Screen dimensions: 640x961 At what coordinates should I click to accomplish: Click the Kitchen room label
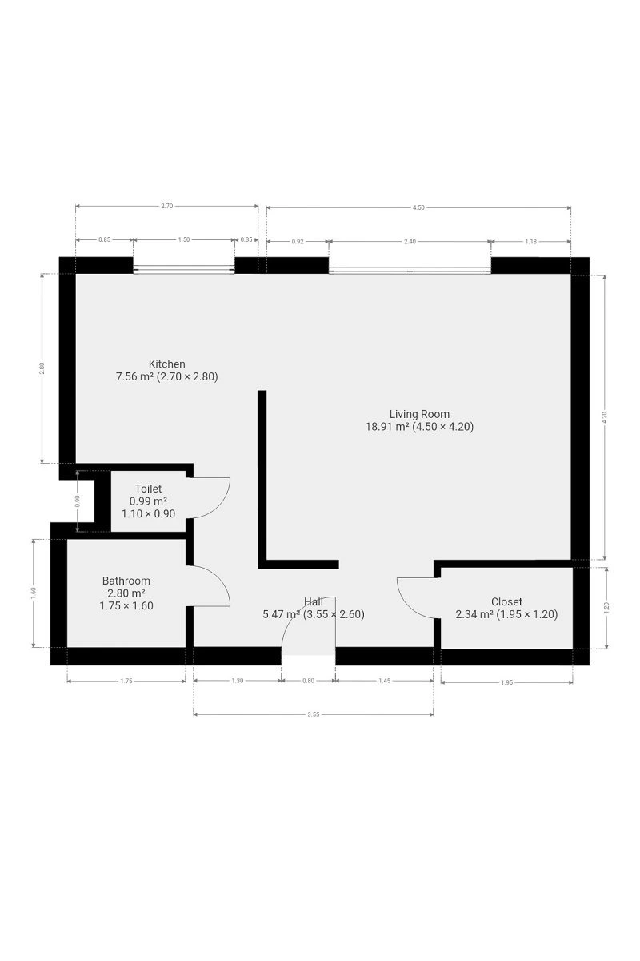pyautogui.click(x=166, y=364)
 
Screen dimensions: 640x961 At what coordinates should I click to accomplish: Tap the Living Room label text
pyautogui.click(x=419, y=414)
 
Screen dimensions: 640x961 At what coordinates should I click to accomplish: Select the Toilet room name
pyautogui.click(x=148, y=489)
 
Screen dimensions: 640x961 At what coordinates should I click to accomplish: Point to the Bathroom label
pyautogui.click(x=126, y=581)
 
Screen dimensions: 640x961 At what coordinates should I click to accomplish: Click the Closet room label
pyautogui.click(x=506, y=601)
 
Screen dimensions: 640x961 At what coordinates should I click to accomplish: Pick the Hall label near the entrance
pyautogui.click(x=314, y=601)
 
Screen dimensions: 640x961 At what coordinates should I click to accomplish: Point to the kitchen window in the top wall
pyautogui.click(x=184, y=269)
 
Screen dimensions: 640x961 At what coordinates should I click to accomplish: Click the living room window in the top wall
pyautogui.click(x=410, y=271)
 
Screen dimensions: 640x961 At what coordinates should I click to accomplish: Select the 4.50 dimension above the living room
pyautogui.click(x=418, y=207)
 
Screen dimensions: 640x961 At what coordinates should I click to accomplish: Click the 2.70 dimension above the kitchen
pyautogui.click(x=166, y=206)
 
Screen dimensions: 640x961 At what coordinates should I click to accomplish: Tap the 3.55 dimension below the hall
pyautogui.click(x=314, y=714)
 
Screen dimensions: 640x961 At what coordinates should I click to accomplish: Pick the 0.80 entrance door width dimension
pyautogui.click(x=308, y=681)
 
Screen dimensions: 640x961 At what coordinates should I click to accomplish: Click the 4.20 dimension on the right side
pyautogui.click(x=605, y=417)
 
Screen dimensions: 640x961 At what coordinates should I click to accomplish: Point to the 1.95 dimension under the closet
pyautogui.click(x=506, y=682)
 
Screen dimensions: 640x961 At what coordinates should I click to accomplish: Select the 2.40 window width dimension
pyautogui.click(x=410, y=242)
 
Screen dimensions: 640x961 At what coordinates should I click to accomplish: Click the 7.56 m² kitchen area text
pyautogui.click(x=134, y=376)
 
